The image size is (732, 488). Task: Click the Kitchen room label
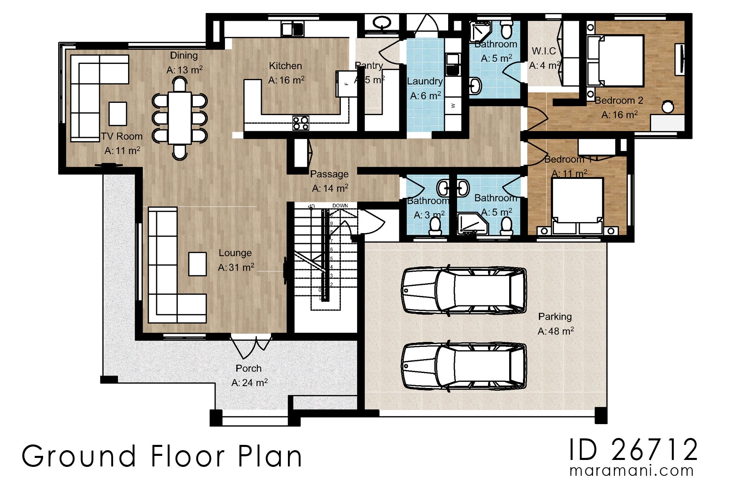click(285, 66)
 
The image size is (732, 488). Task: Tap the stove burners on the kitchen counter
click(301, 123)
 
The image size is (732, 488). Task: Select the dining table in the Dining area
click(179, 118)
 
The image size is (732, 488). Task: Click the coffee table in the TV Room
click(118, 113)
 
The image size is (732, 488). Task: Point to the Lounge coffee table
click(197, 264)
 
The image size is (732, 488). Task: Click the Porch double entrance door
click(251, 346)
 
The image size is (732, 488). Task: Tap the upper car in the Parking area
click(464, 291)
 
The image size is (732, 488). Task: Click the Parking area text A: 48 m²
click(556, 331)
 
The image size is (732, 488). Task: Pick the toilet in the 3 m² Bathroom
click(435, 227)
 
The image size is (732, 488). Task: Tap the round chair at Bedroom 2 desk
click(667, 107)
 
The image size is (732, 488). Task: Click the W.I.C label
click(544, 51)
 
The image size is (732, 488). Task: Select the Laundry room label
click(425, 81)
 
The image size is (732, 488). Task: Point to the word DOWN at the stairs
click(340, 205)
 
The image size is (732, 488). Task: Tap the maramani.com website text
click(631, 471)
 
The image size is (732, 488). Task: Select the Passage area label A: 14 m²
click(330, 189)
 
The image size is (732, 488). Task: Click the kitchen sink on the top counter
click(292, 29)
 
